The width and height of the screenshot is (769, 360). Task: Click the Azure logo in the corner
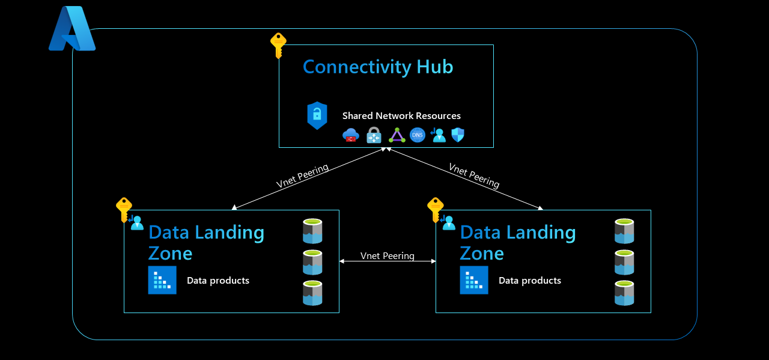coord(71,28)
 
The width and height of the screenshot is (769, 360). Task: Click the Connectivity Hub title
coord(378,66)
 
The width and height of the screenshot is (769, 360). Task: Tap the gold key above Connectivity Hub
coord(278,45)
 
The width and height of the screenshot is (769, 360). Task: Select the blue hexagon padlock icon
coord(317,115)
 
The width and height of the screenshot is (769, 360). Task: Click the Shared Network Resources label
coord(401,115)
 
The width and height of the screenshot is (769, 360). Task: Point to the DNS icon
coord(418,135)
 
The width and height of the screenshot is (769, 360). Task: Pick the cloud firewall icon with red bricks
coord(351,135)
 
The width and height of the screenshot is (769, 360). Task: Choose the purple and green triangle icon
coord(397,135)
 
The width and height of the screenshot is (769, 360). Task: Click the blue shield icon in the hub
coord(458,135)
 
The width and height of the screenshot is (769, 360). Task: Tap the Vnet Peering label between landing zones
coord(388,256)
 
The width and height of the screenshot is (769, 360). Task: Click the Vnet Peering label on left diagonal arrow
coord(302,176)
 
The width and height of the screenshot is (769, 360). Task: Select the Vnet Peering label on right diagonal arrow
coord(474,175)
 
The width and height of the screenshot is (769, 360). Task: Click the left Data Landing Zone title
coord(206,242)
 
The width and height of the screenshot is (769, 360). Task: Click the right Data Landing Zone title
coord(517,242)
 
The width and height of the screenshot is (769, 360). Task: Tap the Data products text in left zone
coord(218,281)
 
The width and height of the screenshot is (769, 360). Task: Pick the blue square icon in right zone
coord(474,280)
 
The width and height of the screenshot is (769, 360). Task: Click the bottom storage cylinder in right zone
coord(624,293)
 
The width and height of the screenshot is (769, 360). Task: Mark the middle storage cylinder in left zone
coord(312,262)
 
